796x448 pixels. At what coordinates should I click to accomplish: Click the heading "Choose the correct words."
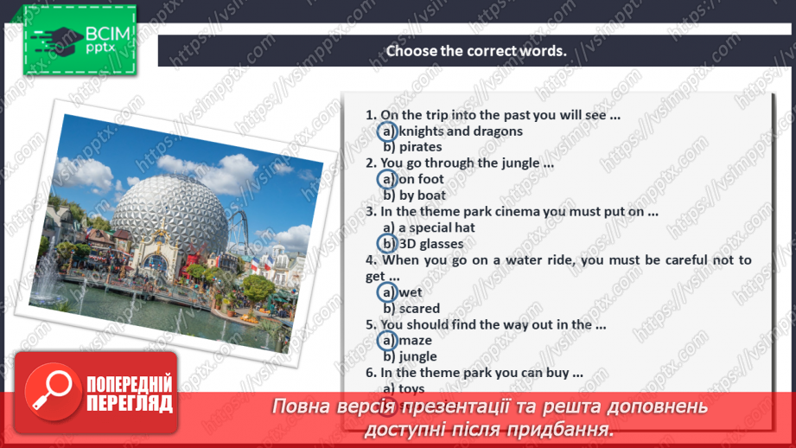click(475, 50)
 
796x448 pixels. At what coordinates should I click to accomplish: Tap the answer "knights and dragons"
click(461, 131)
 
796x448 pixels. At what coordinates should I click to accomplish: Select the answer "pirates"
click(420, 147)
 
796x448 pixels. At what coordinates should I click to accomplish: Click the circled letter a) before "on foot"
click(388, 179)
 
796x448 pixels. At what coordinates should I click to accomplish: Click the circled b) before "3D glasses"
click(388, 244)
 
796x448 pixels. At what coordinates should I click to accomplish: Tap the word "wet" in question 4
click(411, 292)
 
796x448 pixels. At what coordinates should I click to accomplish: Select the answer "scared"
click(419, 308)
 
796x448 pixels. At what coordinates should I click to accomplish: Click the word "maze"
click(416, 341)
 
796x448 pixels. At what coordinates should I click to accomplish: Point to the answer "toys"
click(411, 388)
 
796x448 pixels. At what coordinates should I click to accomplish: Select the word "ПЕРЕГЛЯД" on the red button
click(129, 402)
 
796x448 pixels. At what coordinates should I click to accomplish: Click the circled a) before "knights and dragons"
click(388, 131)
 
